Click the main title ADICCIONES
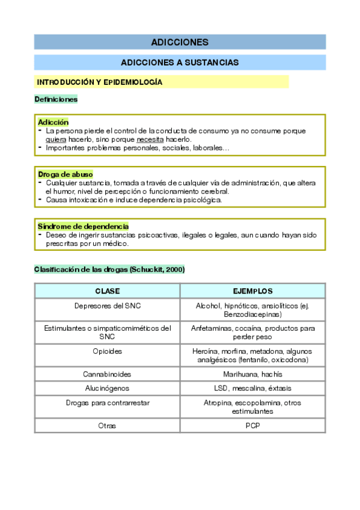(180, 42)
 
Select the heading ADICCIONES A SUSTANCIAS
(180, 63)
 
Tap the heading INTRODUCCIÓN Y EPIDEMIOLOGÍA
(100, 82)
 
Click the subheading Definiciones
(56, 99)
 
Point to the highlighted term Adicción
(53, 122)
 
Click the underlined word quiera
(56, 139)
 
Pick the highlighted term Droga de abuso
(65, 174)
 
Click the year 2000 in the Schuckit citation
(174, 269)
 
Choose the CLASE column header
(107, 291)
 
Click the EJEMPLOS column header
(252, 291)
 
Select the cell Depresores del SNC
(107, 306)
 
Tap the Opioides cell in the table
(107, 351)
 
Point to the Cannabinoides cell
(107, 374)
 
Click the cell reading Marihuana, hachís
(252, 374)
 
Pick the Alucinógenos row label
(107, 389)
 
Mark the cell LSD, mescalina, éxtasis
(252, 389)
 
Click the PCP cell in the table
(252, 426)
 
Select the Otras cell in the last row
(107, 426)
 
